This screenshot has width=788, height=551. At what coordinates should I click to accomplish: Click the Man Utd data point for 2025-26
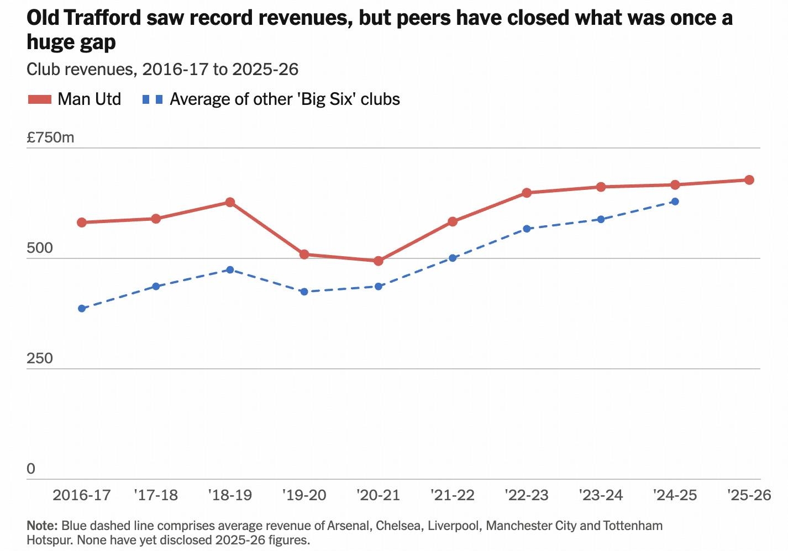(749, 180)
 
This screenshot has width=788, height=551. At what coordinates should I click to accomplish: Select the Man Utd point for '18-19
(230, 202)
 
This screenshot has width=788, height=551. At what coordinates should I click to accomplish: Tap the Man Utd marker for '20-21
(379, 261)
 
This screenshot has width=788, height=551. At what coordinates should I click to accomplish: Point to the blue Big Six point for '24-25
(675, 202)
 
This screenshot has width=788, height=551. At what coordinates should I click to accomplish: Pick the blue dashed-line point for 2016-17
(82, 309)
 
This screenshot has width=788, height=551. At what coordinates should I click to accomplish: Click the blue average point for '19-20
(304, 292)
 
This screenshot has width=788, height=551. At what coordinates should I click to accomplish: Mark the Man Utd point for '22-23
(527, 193)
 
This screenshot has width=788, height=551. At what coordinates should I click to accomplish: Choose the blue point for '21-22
(453, 258)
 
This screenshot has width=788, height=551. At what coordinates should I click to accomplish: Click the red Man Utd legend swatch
(40, 99)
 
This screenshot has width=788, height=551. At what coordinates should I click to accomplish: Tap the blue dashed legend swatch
(153, 99)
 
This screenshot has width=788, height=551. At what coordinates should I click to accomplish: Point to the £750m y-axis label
(50, 137)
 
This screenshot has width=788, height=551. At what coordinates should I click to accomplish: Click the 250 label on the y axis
(40, 358)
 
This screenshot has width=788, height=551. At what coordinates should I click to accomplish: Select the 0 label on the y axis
(31, 468)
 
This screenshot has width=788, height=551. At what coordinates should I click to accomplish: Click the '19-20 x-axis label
(304, 495)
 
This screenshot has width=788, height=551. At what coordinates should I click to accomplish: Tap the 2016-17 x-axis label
(82, 495)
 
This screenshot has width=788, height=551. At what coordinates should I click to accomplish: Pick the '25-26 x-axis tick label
(749, 495)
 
